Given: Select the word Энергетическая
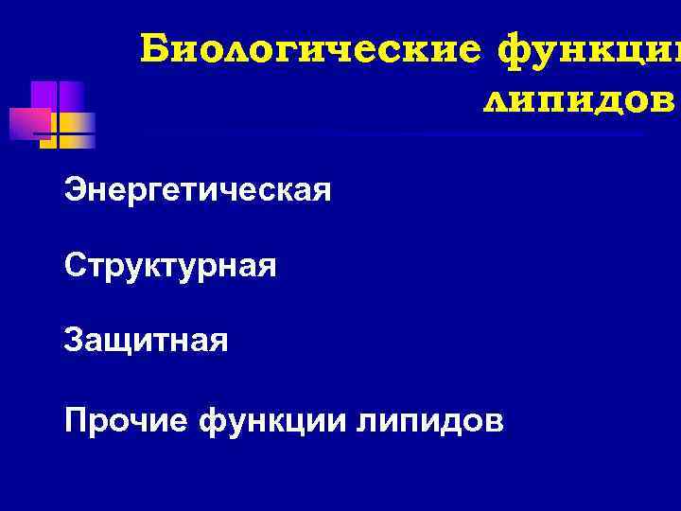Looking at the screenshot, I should coord(198,191).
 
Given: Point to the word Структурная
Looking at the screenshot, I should coord(170,265).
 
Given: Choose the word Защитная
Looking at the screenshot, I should coord(147,339).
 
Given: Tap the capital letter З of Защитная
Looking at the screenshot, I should coord(74,339).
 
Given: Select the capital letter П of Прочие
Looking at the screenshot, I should coord(76,418).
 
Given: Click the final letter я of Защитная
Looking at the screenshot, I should coord(219,341).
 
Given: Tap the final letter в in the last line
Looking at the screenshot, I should coord(496,420).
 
